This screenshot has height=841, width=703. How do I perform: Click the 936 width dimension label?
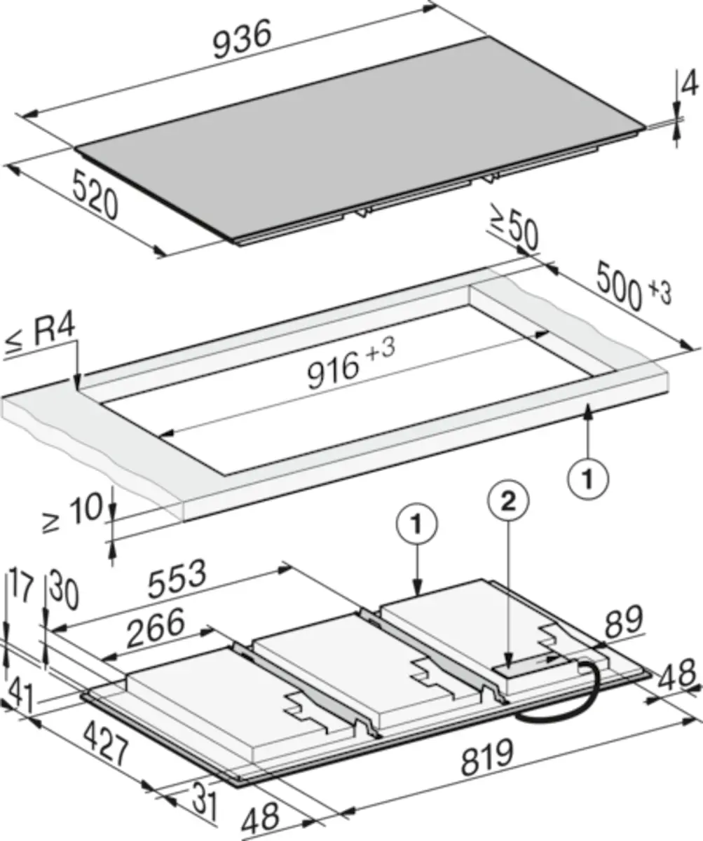(242, 39)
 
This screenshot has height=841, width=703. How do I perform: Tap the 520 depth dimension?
(95, 194)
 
